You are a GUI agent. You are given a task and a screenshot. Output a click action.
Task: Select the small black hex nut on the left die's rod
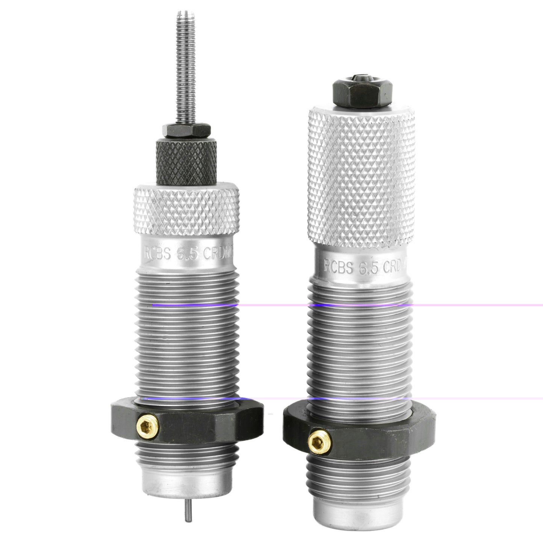tap(186, 130)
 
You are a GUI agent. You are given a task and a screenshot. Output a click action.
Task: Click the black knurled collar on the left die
tap(187, 160)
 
